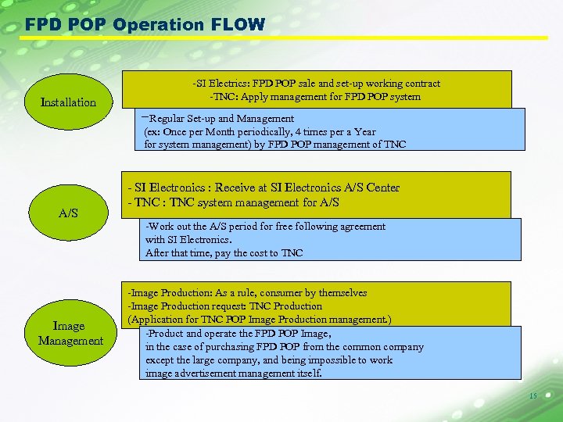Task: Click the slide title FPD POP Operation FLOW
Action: (145, 24)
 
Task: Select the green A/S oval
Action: (69, 213)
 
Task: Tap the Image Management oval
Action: (70, 333)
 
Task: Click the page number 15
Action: (533, 396)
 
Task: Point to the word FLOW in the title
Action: (238, 24)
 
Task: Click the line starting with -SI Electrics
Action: (316, 84)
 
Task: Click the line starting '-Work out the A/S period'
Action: (265, 227)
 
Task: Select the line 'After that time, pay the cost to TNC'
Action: (224, 253)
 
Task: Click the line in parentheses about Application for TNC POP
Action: (260, 320)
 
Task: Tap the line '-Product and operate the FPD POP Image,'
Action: (238, 334)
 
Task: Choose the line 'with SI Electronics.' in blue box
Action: (188, 240)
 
